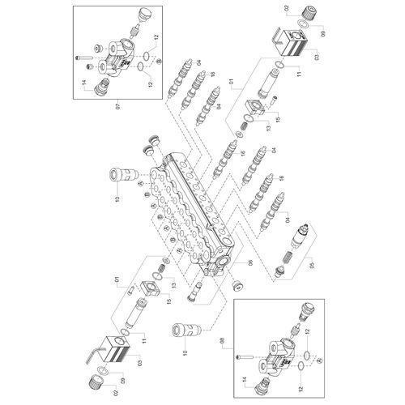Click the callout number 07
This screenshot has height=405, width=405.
click(x=117, y=106)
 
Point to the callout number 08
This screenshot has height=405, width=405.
click(x=223, y=342)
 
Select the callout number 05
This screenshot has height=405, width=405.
click(x=312, y=266)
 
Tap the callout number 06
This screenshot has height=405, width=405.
click(x=250, y=262)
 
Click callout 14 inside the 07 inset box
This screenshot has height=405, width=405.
click(x=83, y=83)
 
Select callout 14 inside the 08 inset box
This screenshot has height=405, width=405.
click(x=245, y=380)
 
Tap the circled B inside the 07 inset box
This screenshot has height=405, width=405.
click(x=160, y=61)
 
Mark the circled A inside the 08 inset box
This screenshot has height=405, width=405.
click(x=318, y=360)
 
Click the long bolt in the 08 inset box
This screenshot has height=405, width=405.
click(x=245, y=356)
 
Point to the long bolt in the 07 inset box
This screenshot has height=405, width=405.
click(x=84, y=58)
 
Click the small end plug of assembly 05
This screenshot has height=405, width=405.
click(x=279, y=271)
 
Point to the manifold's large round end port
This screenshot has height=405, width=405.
click(x=223, y=262)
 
